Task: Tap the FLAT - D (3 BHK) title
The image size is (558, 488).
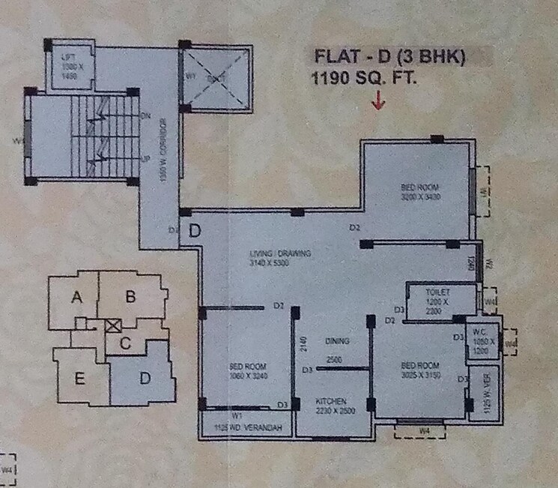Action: pos(389,56)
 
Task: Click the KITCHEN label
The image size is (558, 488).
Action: pos(330,401)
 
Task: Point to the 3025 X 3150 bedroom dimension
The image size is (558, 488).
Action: pos(418,375)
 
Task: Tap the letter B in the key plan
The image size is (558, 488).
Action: pos(130,298)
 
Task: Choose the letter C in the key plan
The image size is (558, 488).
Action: pos(126,344)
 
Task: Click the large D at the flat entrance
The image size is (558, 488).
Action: pos(194,230)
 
